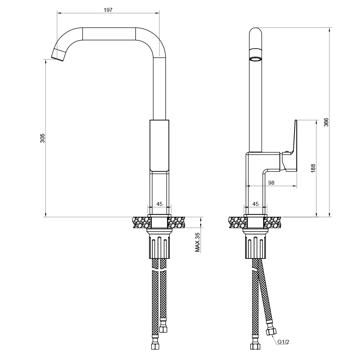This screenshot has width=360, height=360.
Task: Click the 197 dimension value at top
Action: (108, 10)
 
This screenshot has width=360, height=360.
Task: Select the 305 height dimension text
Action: (42, 138)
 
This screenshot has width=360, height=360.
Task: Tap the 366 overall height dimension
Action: (326, 122)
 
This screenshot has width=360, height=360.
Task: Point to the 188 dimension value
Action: (313, 168)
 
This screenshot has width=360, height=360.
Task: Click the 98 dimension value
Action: (271, 183)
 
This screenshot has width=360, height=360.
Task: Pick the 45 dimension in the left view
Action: (159, 204)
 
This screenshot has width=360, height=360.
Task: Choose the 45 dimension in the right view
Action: (255, 204)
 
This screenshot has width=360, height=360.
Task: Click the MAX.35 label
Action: (197, 242)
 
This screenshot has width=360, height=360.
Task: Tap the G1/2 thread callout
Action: (283, 342)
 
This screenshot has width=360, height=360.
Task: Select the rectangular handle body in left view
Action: (159, 146)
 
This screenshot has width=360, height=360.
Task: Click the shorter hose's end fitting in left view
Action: (163, 329)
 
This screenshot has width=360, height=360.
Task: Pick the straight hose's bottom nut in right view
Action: (255, 346)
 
